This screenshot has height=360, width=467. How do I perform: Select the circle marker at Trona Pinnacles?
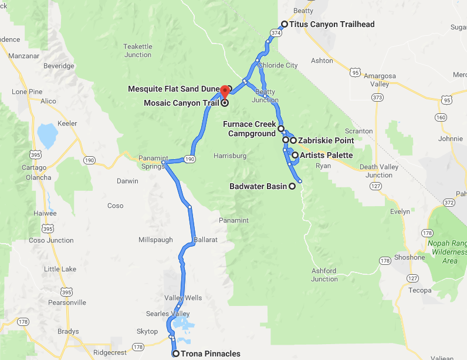pyautogui.click(x=175, y=354)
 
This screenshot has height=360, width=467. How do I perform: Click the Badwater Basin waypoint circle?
pyautogui.click(x=292, y=186)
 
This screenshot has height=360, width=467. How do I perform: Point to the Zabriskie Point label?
pyautogui.click(x=326, y=140)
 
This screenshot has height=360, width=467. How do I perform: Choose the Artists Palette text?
pyautogui.click(x=326, y=155)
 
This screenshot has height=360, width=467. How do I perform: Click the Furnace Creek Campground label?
pyautogui.click(x=249, y=129)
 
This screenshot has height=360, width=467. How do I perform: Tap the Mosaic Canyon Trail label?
pyautogui.click(x=181, y=103)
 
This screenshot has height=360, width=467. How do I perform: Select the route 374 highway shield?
pyautogui.click(x=276, y=34)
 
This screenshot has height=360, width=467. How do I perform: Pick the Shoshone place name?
pyautogui.click(x=410, y=257)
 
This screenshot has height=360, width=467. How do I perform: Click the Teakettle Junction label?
pyautogui.click(x=138, y=51)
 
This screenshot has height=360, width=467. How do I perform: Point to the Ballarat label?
pyautogui.click(x=205, y=240)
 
